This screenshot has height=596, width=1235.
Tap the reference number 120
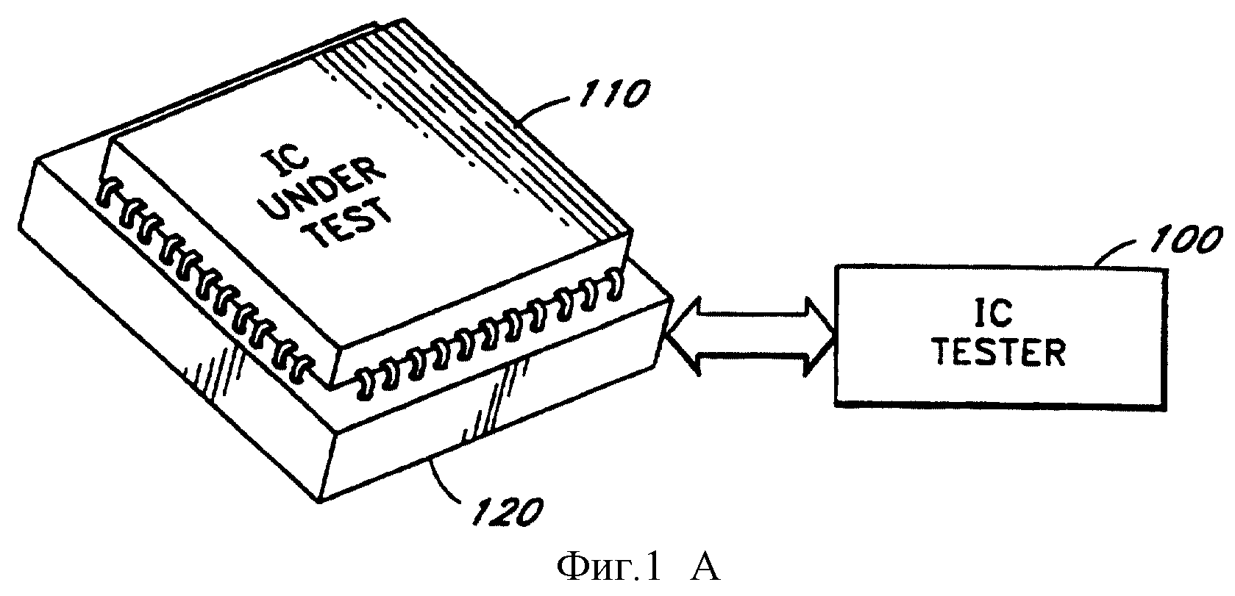(x=508, y=512)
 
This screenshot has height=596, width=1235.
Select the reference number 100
(x=1183, y=241)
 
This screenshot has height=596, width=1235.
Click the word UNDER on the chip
(x=331, y=190)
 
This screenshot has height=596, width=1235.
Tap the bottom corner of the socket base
(x=319, y=502)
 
